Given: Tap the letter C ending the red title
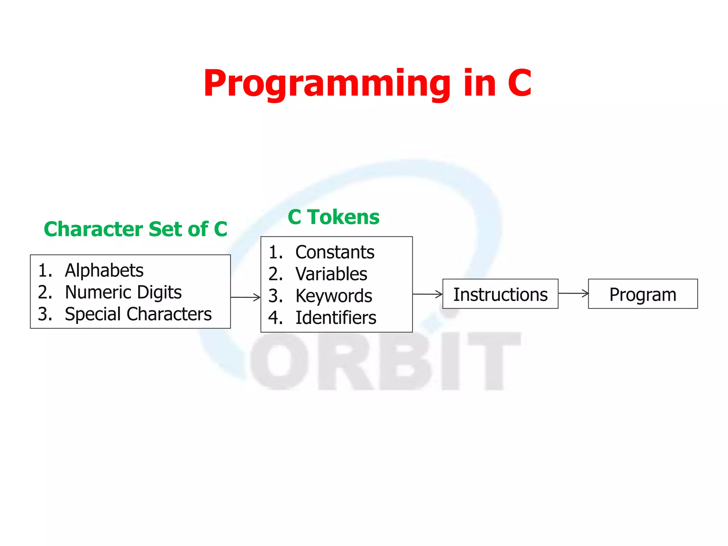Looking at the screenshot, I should (x=519, y=84).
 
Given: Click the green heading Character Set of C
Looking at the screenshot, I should (x=135, y=229).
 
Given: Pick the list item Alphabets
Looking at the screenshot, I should (x=104, y=271).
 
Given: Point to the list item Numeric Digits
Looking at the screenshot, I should (x=123, y=292).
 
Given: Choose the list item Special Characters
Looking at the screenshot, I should (x=138, y=314).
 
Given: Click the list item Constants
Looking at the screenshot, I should (x=334, y=252).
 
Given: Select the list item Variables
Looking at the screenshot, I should (x=331, y=274).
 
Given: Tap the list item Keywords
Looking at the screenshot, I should (x=334, y=296).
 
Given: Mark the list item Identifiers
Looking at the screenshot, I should (x=336, y=317).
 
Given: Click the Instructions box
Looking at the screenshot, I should (x=500, y=294).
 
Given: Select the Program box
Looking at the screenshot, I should (x=643, y=294).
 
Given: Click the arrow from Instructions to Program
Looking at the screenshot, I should (x=573, y=293).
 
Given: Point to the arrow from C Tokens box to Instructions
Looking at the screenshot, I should (x=427, y=294).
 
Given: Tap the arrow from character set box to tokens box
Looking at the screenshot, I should (x=245, y=297).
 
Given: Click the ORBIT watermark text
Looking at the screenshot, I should (x=384, y=361).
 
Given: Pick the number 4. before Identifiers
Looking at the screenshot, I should (x=275, y=317).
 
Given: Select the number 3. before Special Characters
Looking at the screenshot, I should (x=45, y=314).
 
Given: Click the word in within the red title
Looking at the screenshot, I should (x=480, y=84).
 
